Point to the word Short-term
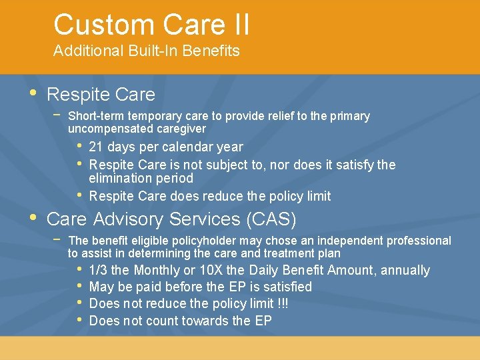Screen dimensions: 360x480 [x=98, y=116]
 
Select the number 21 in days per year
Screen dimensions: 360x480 [x=96, y=147]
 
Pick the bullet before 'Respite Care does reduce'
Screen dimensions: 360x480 [x=79, y=195]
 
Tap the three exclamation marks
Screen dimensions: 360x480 [x=281, y=303]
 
